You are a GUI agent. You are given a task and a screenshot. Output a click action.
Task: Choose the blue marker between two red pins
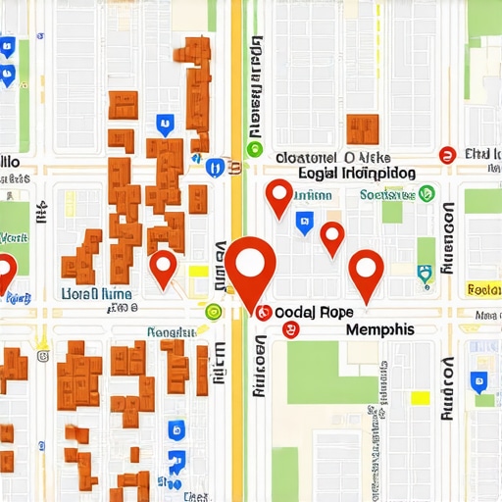pos(305,223)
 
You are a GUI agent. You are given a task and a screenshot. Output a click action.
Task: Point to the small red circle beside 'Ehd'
pos(447,154)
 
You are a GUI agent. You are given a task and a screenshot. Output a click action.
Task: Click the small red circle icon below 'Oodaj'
pos(288,330)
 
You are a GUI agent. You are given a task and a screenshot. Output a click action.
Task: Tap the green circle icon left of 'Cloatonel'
pos(255,149)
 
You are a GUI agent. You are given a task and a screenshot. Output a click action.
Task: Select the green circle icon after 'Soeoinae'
pos(427,195)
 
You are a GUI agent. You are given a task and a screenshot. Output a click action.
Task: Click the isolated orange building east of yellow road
pos(363,128)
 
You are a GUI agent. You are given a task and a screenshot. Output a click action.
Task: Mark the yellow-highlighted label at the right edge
pos(484,289)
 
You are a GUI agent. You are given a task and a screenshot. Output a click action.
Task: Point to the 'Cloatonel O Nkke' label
pos(333,156)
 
